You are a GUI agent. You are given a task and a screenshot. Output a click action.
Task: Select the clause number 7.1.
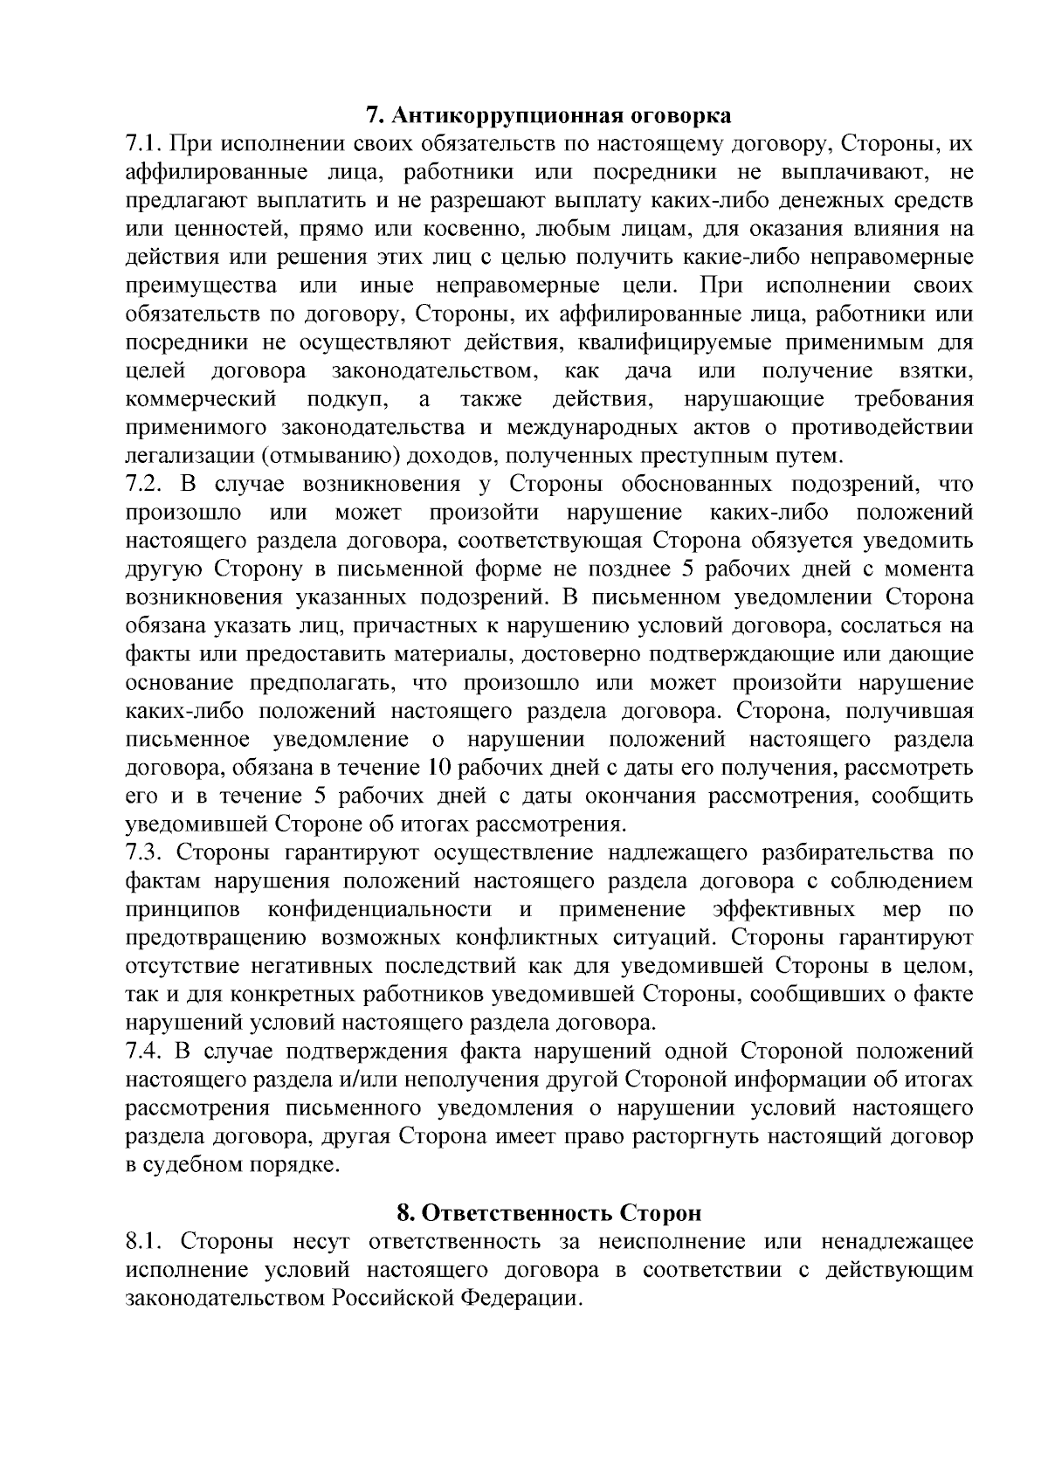(x=143, y=144)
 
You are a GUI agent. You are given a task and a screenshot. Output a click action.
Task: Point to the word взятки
(x=936, y=371)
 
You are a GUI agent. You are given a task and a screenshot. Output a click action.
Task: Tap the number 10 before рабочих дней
(x=438, y=769)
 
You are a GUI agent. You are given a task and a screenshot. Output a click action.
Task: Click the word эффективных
(x=783, y=910)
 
